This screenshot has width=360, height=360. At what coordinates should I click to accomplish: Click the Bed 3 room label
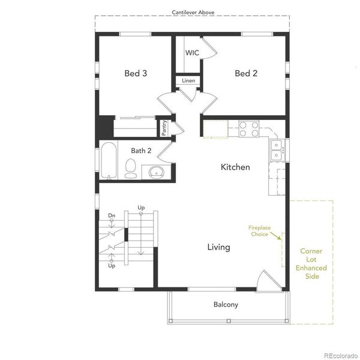136,74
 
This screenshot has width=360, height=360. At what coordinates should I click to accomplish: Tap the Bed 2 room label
246,74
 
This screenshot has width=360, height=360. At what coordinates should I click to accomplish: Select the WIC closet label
192,53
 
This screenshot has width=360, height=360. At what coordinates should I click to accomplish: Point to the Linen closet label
188,80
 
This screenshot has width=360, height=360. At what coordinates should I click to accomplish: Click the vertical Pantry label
164,128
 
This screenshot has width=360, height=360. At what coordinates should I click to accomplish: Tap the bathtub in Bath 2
109,160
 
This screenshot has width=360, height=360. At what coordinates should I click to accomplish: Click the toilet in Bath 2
131,168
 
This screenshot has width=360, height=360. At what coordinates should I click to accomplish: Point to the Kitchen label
235,167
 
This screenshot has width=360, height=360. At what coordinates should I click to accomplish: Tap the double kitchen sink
277,148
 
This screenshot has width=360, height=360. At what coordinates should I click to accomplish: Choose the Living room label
218,247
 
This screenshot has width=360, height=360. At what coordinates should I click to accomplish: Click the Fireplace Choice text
260,230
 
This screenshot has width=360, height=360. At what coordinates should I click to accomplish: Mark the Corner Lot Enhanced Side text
311,264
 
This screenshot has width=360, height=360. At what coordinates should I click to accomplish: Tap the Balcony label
226,305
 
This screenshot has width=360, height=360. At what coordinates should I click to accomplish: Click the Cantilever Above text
193,12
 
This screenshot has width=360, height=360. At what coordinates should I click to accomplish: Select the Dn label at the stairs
112,215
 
